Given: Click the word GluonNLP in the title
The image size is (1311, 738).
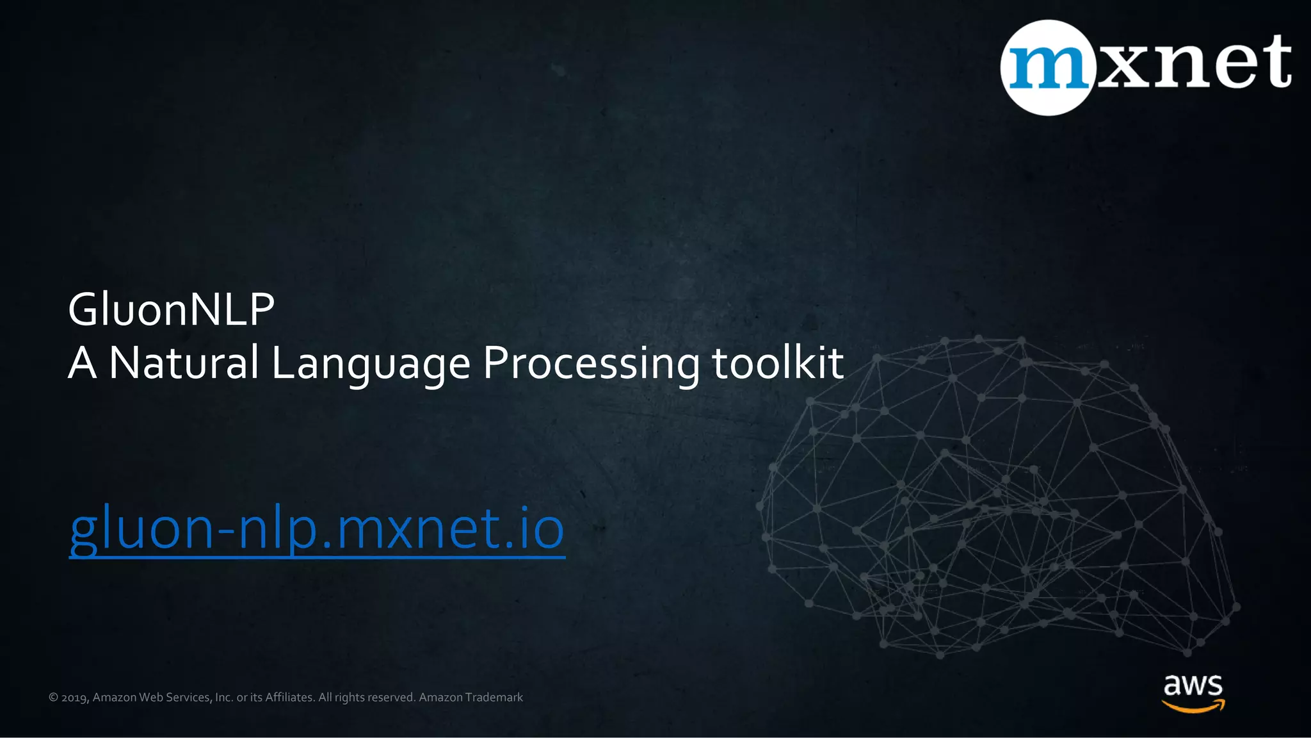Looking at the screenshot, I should pyautogui.click(x=171, y=309).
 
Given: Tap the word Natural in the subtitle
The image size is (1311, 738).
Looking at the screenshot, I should pyautogui.click(x=184, y=363).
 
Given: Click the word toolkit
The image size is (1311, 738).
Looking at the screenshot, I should pyautogui.click(x=777, y=363).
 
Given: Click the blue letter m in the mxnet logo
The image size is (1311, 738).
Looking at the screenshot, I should pyautogui.click(x=1048, y=67).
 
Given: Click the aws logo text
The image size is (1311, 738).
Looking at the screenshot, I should pyautogui.click(x=1193, y=685).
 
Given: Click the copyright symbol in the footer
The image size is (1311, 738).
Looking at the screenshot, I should pyautogui.click(x=53, y=698).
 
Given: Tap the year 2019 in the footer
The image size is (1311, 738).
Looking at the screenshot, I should pyautogui.click(x=75, y=698).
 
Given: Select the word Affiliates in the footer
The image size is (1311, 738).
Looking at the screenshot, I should pyautogui.click(x=289, y=697).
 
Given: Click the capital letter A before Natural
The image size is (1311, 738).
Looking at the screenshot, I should pyautogui.click(x=82, y=363).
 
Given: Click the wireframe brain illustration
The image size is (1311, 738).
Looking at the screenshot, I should pyautogui.click(x=999, y=500).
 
